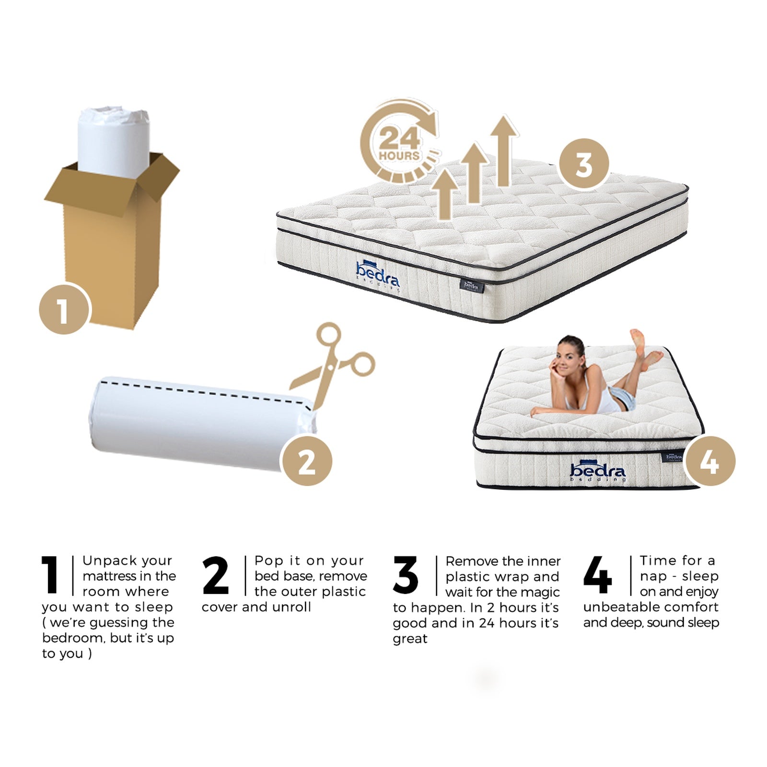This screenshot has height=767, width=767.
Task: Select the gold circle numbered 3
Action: (x=584, y=164)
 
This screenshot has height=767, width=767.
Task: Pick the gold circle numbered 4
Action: (x=709, y=461)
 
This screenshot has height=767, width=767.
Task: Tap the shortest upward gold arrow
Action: (x=445, y=194)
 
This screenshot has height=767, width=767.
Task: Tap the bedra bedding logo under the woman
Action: (x=597, y=472)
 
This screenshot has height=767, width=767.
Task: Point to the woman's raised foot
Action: (x=637, y=337)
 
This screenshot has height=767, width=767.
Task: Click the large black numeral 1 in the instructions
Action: (x=51, y=575)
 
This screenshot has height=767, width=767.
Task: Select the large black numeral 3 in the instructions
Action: (x=406, y=575)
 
